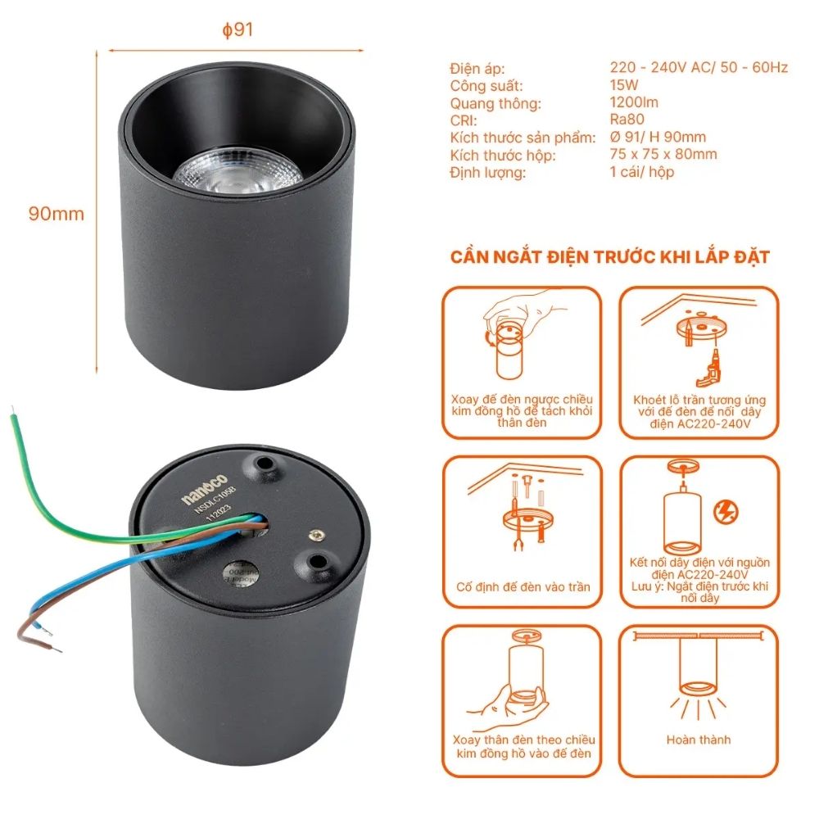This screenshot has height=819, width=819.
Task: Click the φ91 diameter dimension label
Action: pyautogui.click(x=238, y=29)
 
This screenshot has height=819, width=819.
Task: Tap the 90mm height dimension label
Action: pyautogui.click(x=57, y=214)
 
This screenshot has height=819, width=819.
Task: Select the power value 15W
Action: pyautogui.click(x=624, y=85)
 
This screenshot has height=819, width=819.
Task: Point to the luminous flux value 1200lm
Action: pyautogui.click(x=634, y=102)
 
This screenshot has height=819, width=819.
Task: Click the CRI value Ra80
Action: pyautogui.click(x=627, y=120)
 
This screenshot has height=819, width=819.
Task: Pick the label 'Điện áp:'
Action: pyautogui.click(x=477, y=68)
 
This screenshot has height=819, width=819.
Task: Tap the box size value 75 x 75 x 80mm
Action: pyautogui.click(x=663, y=154)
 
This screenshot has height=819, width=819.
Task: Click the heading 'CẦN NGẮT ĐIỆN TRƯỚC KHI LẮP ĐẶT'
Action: pyautogui.click(x=610, y=257)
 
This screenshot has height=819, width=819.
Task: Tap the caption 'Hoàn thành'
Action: pyautogui.click(x=698, y=740)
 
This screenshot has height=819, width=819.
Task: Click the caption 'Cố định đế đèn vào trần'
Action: pyautogui.click(x=523, y=587)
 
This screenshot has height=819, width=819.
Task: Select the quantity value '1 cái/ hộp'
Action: pyautogui.click(x=642, y=172)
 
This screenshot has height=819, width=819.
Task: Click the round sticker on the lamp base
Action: pyautogui.click(x=241, y=576)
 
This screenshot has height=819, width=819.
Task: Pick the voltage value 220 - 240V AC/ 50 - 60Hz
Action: pyautogui.click(x=699, y=68)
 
